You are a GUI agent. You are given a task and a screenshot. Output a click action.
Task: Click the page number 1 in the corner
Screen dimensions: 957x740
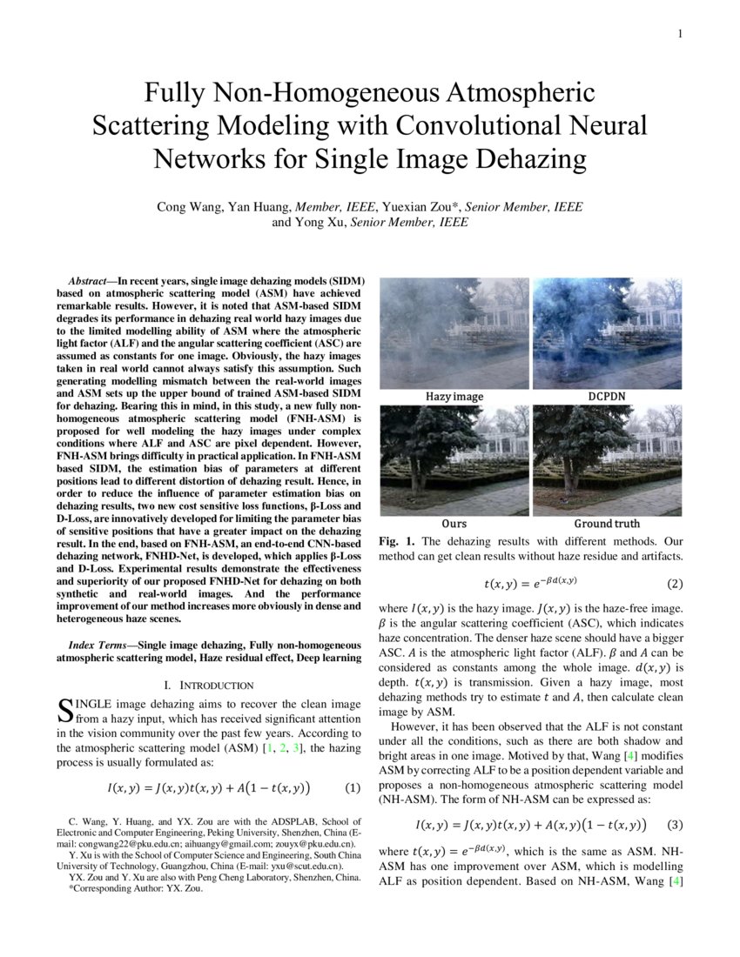click(679, 35)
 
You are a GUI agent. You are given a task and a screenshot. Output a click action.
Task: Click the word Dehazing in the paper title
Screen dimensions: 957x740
click(508, 160)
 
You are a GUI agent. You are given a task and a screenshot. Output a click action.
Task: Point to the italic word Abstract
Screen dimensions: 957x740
click(91, 282)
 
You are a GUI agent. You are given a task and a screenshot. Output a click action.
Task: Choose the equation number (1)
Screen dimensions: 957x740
click(352, 788)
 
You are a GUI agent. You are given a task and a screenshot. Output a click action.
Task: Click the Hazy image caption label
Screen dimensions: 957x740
click(454, 397)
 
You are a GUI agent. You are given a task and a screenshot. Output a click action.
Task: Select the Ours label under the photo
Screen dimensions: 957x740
click(454, 524)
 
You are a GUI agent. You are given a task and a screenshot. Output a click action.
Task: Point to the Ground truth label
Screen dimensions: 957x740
click(606, 524)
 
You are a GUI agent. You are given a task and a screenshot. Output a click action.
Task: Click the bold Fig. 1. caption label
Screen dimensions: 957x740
click(398, 541)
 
